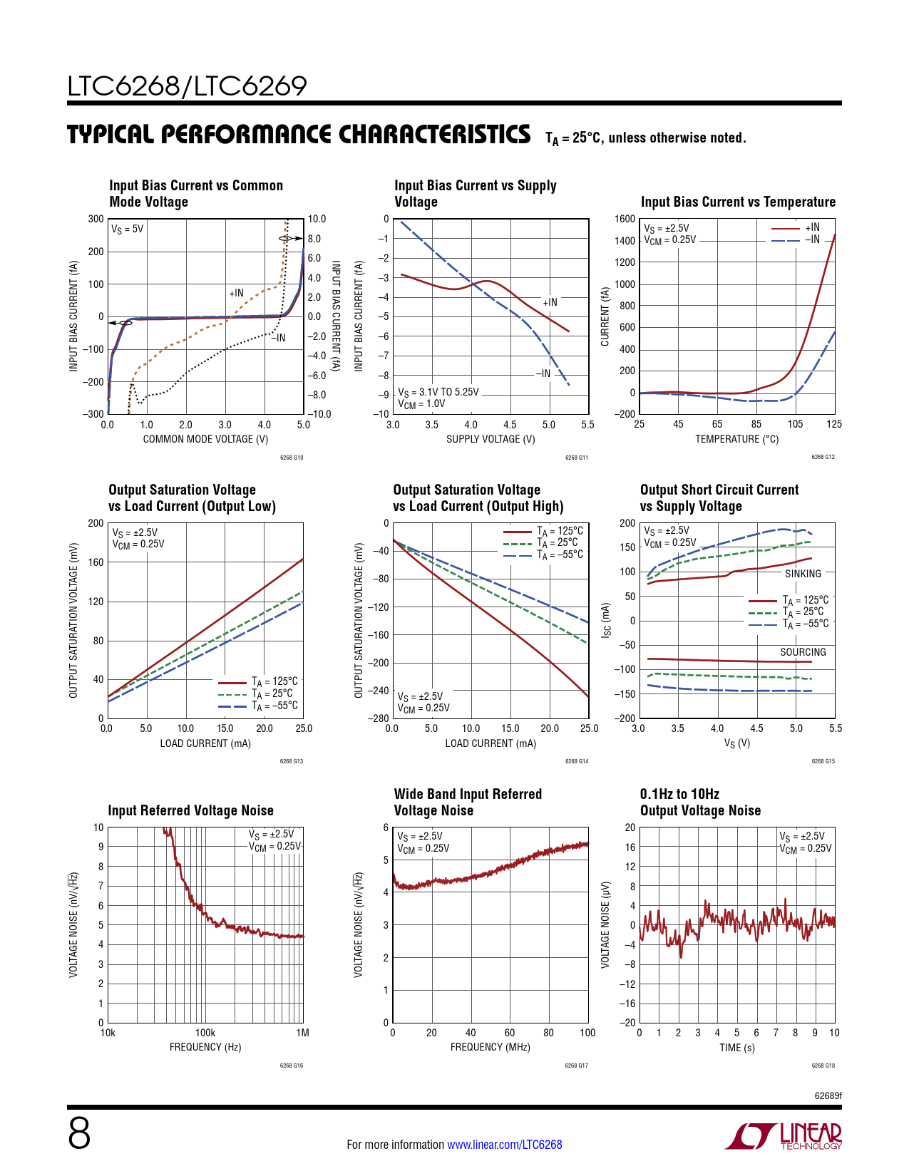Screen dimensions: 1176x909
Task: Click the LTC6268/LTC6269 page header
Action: [188, 86]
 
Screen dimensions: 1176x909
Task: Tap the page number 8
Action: [79, 1133]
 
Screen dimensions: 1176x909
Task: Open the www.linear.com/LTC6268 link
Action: [504, 1145]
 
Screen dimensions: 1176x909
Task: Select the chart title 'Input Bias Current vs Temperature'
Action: [738, 202]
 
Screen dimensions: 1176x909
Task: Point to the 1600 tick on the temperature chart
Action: [625, 220]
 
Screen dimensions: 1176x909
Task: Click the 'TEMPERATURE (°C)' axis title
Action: [736, 439]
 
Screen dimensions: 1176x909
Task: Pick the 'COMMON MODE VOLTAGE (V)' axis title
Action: [205, 439]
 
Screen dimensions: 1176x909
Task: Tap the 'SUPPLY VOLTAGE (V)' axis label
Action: [491, 439]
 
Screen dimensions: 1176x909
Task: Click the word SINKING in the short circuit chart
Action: [803, 574]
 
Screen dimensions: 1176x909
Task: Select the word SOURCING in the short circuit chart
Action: [803, 652]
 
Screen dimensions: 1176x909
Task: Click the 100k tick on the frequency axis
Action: [205, 1033]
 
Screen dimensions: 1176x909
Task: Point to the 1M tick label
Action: [303, 1033]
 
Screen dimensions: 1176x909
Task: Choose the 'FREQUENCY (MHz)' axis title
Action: [491, 1047]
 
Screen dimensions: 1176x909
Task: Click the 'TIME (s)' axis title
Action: [736, 1048]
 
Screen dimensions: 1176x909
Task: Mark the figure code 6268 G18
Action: [823, 1066]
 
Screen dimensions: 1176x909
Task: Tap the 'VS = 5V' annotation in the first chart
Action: [128, 229]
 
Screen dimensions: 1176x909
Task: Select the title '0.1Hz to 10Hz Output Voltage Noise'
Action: [700, 803]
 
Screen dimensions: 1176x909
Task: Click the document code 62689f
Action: [828, 1095]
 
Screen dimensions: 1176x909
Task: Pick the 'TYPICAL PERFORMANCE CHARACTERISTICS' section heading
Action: [299, 135]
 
